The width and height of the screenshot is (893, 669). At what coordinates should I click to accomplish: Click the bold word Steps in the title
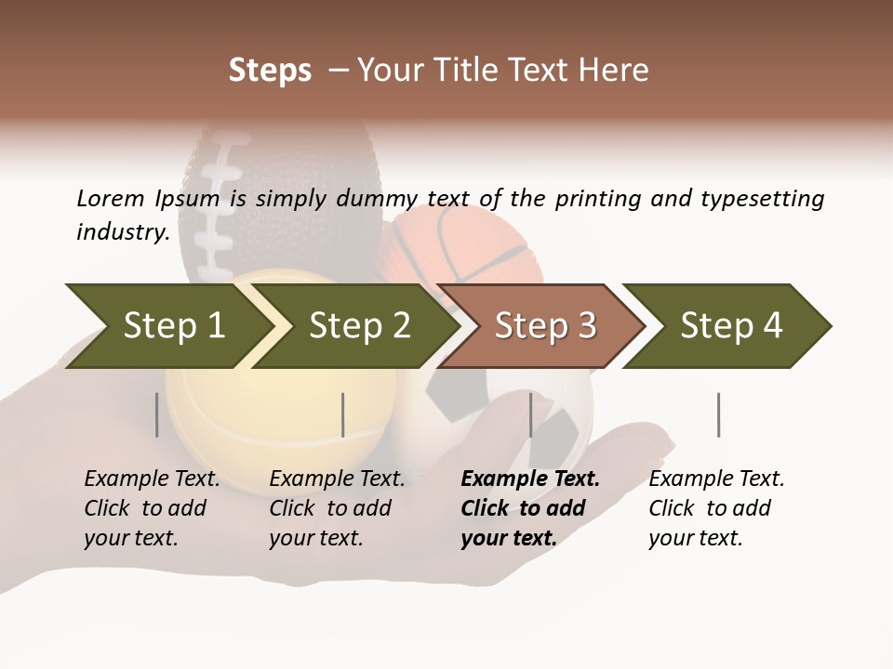coord(270,71)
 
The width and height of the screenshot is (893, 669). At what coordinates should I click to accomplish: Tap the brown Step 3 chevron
coord(544,326)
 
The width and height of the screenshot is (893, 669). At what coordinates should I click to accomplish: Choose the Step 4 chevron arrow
coord(730,326)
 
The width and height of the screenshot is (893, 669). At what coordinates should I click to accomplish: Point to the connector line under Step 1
coord(157,414)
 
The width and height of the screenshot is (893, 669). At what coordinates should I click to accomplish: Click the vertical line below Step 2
coord(343,414)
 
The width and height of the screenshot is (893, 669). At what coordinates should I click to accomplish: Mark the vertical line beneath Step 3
coord(531,414)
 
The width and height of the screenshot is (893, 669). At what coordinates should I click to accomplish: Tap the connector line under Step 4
coord(719,414)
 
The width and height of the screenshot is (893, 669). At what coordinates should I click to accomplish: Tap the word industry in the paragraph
coord(122,232)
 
